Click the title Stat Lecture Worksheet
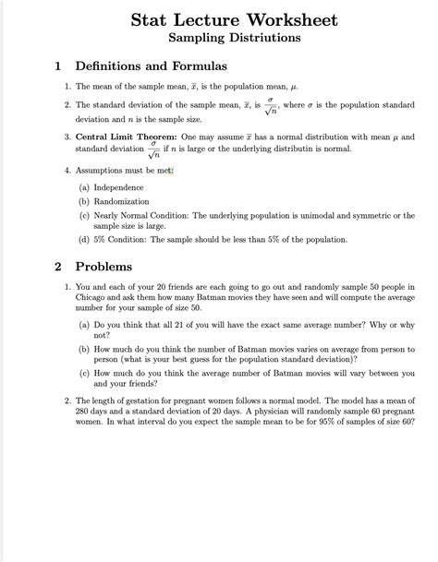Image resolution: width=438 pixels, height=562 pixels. pos(233,19)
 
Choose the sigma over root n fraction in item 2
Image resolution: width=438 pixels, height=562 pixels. pos(271,106)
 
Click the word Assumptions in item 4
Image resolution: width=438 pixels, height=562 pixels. pos(102,170)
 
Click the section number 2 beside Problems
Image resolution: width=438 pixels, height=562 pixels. pos(57,267)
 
